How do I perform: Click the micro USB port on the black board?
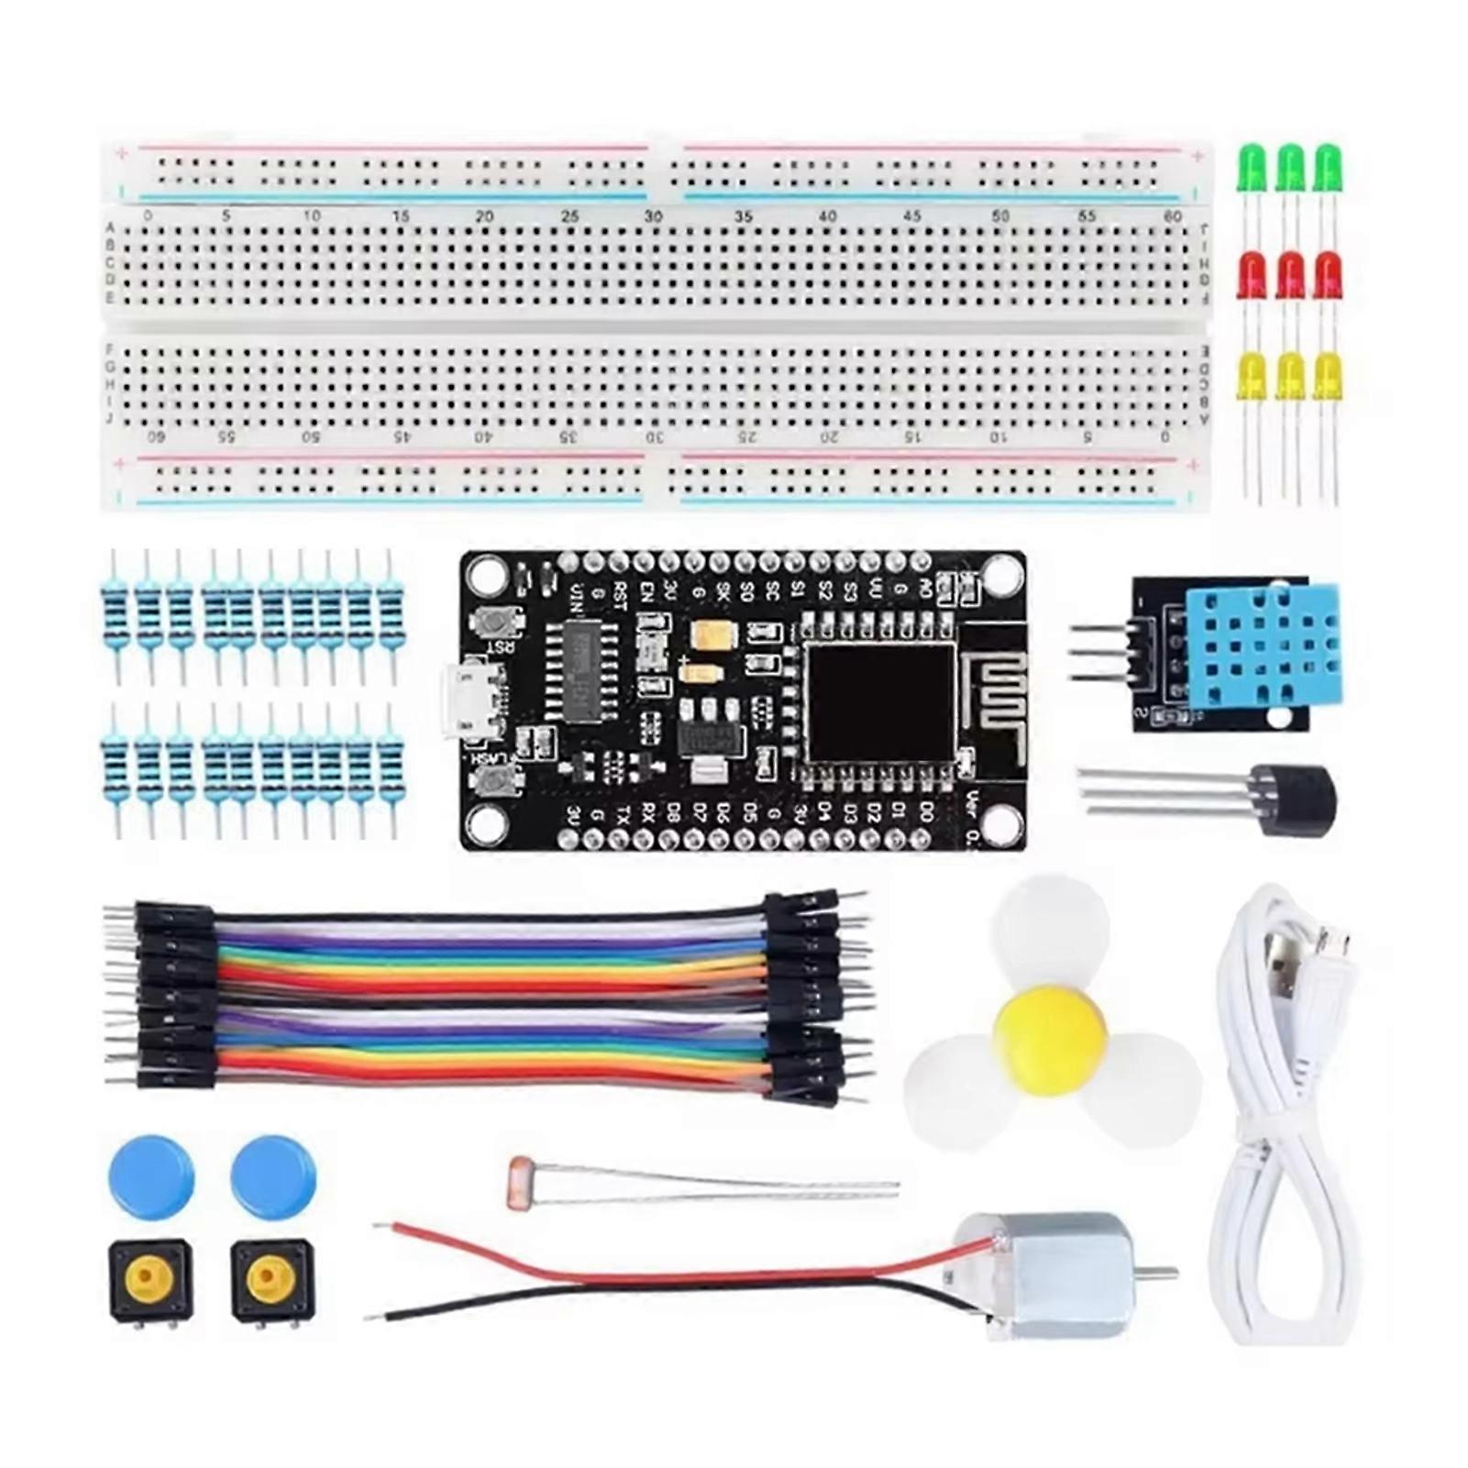475,701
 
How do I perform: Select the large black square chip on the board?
879,702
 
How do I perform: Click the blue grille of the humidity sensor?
1262,646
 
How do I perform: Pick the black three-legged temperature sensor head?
1294,799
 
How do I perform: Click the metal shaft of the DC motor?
1160,1272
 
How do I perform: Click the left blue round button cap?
151,1178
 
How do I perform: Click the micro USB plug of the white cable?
1333,944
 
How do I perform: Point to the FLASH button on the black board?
496,781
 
